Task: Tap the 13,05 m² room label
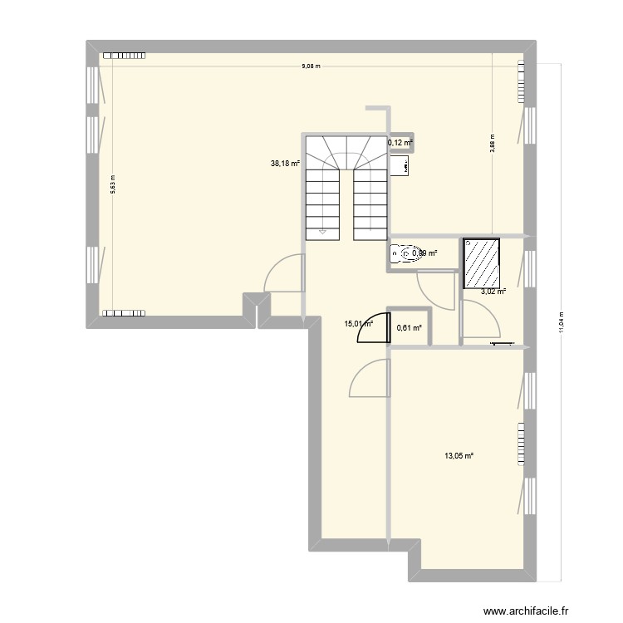[459, 455]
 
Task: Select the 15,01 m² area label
[359, 326]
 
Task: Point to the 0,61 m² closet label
[410, 328]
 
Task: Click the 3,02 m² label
[493, 292]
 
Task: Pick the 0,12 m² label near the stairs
[400, 143]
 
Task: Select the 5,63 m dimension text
[113, 189]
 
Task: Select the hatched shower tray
[482, 262]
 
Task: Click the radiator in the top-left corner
[123, 56]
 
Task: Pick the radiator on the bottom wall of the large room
[123, 314]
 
